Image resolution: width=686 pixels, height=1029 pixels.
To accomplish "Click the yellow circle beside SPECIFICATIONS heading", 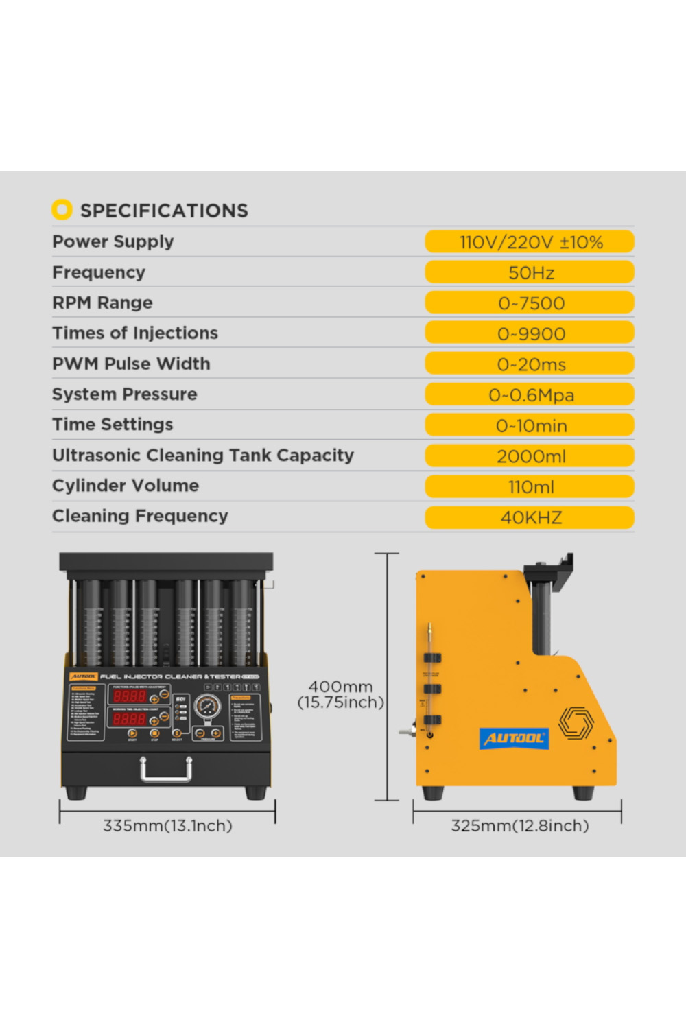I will click(x=62, y=209).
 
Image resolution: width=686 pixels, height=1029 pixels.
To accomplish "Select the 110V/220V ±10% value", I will click(x=530, y=242).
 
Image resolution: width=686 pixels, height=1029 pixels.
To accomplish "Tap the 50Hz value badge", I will click(x=530, y=272).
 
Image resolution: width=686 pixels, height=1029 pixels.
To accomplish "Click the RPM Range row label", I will click(x=102, y=303).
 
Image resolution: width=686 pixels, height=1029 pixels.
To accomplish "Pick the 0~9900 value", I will click(x=530, y=333).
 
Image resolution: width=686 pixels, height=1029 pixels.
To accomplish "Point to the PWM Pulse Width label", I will click(x=131, y=364).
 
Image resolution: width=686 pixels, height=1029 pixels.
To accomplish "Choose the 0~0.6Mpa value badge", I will click(x=530, y=395).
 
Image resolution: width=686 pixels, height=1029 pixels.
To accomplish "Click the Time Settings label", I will click(x=113, y=425).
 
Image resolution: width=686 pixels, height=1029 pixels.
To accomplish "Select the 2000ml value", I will click(x=530, y=456).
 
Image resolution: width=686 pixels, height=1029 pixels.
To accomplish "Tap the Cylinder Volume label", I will click(x=126, y=486).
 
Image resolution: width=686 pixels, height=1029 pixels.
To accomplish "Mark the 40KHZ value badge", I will click(x=530, y=517).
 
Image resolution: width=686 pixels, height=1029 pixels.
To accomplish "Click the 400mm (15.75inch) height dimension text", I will click(x=340, y=694).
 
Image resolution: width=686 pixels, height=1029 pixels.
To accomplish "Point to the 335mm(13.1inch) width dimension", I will click(x=167, y=825).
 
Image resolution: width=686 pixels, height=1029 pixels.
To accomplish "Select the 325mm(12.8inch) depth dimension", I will click(x=519, y=825).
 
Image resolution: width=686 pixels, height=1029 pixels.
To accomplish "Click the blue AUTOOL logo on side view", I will click(x=514, y=738).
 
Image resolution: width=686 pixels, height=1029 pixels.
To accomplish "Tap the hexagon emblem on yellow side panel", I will click(x=575, y=722).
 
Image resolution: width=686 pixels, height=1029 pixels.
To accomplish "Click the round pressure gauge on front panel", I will click(x=206, y=706).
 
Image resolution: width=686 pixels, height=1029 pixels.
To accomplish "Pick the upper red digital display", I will click(x=130, y=696).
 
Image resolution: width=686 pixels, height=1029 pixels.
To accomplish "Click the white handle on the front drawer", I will click(x=166, y=770).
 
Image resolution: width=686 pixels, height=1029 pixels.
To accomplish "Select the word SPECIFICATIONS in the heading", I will click(x=164, y=211).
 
